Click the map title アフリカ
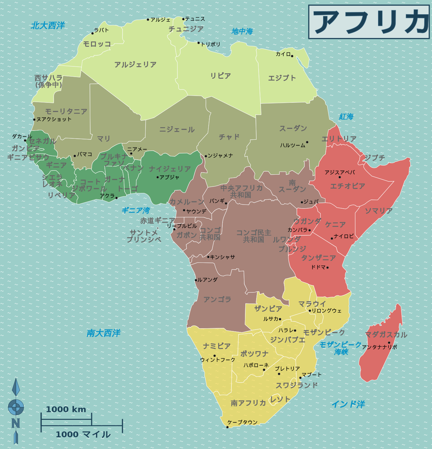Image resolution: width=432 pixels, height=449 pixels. coord(369,22)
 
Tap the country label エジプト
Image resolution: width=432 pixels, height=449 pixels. coord(282,78)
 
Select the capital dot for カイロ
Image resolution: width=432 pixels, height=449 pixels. coord(292,56)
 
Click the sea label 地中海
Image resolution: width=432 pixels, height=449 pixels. coord(242,32)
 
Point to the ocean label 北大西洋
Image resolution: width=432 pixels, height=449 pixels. coord(48,25)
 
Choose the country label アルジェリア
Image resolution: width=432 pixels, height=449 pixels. coord(135,64)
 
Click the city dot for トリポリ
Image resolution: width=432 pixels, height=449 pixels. coord(199,43)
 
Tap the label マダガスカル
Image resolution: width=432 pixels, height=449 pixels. coord(386,335)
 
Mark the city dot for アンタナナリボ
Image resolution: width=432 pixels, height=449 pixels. coord(389,343)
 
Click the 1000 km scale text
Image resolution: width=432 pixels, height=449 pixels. coord(66,409)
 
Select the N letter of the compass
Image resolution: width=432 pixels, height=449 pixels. coord(16,423)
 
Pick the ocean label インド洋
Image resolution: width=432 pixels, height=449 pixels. coord(348,404)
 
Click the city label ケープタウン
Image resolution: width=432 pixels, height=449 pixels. coord(242,422)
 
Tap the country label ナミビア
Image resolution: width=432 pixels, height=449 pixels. coord(217,346)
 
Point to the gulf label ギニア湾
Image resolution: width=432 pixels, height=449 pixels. coord(136,211)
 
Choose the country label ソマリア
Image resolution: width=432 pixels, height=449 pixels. coord(379,211)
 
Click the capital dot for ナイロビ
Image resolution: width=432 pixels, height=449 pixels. coord(332,238)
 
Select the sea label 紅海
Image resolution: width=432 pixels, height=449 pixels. coord(346,117)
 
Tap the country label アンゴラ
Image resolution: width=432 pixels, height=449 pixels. coord(217,299)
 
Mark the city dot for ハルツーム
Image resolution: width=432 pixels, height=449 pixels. coord(307,142)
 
